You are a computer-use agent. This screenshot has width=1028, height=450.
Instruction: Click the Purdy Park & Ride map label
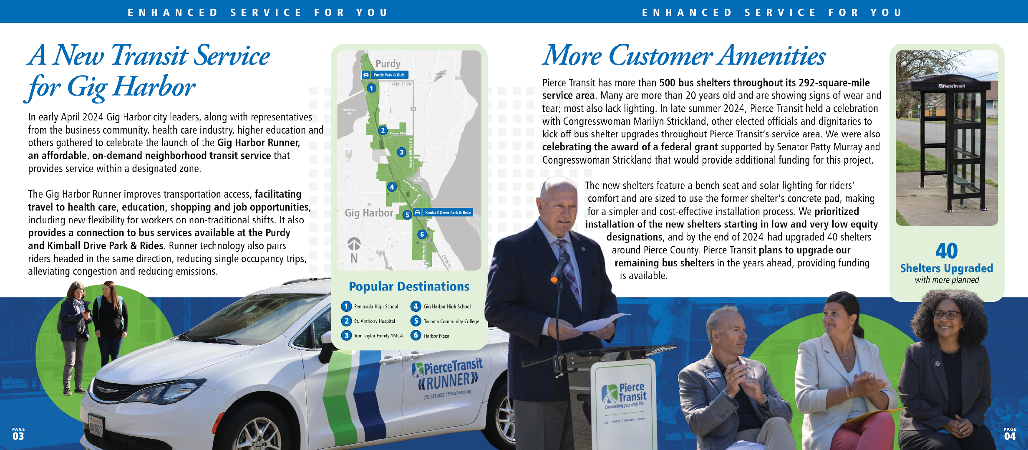[385, 75]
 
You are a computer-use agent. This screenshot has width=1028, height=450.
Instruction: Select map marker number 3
[401, 152]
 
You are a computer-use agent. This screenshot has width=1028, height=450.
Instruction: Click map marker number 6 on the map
[422, 235]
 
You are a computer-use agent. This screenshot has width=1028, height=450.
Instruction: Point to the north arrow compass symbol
[354, 244]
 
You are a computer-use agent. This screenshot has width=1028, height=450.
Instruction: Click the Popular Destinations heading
[409, 286]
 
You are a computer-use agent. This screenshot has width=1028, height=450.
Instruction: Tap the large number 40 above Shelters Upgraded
[946, 251]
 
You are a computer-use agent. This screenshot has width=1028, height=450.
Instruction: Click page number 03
[18, 436]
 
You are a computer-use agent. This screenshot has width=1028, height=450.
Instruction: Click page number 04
[1010, 436]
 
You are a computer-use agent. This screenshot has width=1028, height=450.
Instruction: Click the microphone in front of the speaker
[560, 268]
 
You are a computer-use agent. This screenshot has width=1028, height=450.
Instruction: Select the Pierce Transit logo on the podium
[624, 394]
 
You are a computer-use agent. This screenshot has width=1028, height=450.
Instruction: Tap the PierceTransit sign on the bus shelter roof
[952, 86]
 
